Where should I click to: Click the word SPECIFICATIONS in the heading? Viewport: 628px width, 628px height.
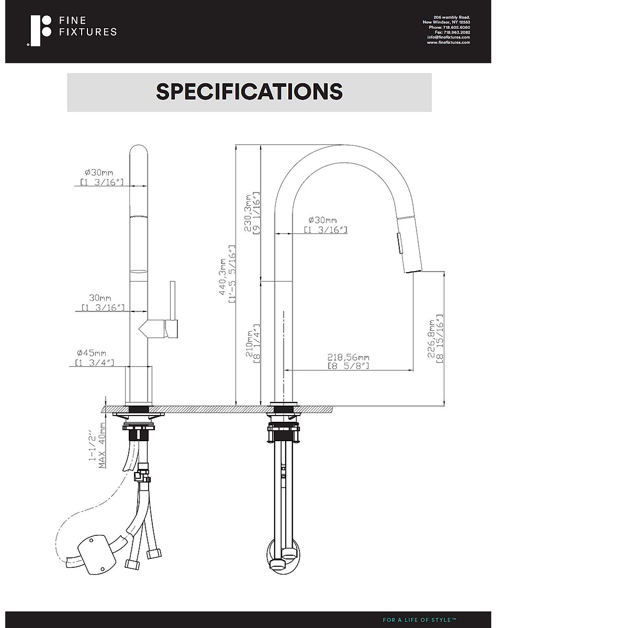249,92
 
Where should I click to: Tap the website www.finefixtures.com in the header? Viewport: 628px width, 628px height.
448,42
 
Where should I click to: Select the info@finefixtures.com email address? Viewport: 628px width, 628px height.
448,37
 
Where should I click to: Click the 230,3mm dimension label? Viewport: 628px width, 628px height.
248,213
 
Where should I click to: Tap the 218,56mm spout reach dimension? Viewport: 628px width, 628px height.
348,357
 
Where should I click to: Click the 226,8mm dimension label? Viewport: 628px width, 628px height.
431,339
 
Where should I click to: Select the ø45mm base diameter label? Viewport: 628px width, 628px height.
95,353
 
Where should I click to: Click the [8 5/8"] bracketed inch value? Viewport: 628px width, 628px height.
348,366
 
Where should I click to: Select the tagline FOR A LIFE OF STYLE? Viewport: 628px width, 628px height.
419,620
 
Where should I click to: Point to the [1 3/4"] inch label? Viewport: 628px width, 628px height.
94,362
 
